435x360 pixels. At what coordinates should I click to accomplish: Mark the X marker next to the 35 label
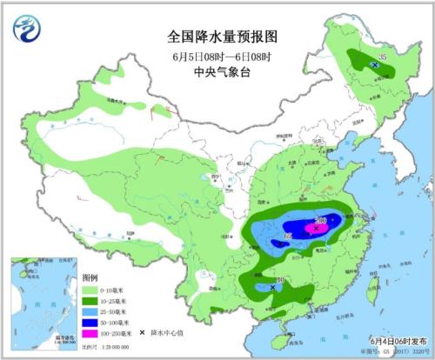point(374,65)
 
